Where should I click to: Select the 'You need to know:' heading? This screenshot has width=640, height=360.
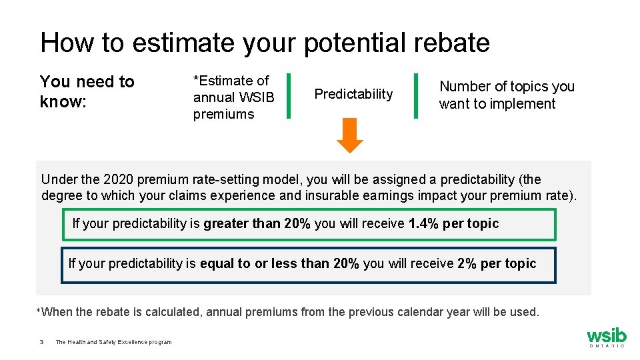click(x=87, y=91)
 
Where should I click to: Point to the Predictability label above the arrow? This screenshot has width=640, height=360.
click(x=353, y=94)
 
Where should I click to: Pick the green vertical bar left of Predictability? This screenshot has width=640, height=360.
click(x=288, y=96)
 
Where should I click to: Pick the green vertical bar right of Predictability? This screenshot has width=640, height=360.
click(x=416, y=96)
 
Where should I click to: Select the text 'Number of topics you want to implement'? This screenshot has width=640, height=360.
click(x=506, y=95)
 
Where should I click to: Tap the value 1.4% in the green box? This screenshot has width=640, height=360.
click(x=423, y=224)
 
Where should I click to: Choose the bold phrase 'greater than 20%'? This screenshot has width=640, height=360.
click(x=257, y=224)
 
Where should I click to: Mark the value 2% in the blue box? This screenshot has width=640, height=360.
click(x=467, y=264)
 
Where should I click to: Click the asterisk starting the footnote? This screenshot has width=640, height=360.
click(x=38, y=311)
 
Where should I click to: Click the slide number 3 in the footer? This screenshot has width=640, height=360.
click(x=41, y=343)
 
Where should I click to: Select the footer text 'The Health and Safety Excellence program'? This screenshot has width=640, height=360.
click(x=113, y=343)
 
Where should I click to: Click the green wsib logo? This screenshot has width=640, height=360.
click(x=606, y=337)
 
